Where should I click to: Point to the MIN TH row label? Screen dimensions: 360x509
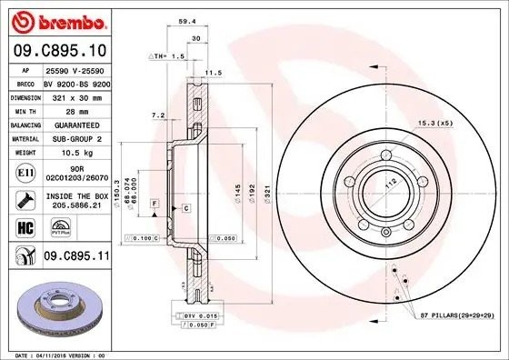point(25,109)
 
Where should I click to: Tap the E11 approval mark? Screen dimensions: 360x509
point(25,171)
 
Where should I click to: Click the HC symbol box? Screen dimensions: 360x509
point(25,228)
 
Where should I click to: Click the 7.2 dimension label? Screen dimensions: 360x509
point(156,115)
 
